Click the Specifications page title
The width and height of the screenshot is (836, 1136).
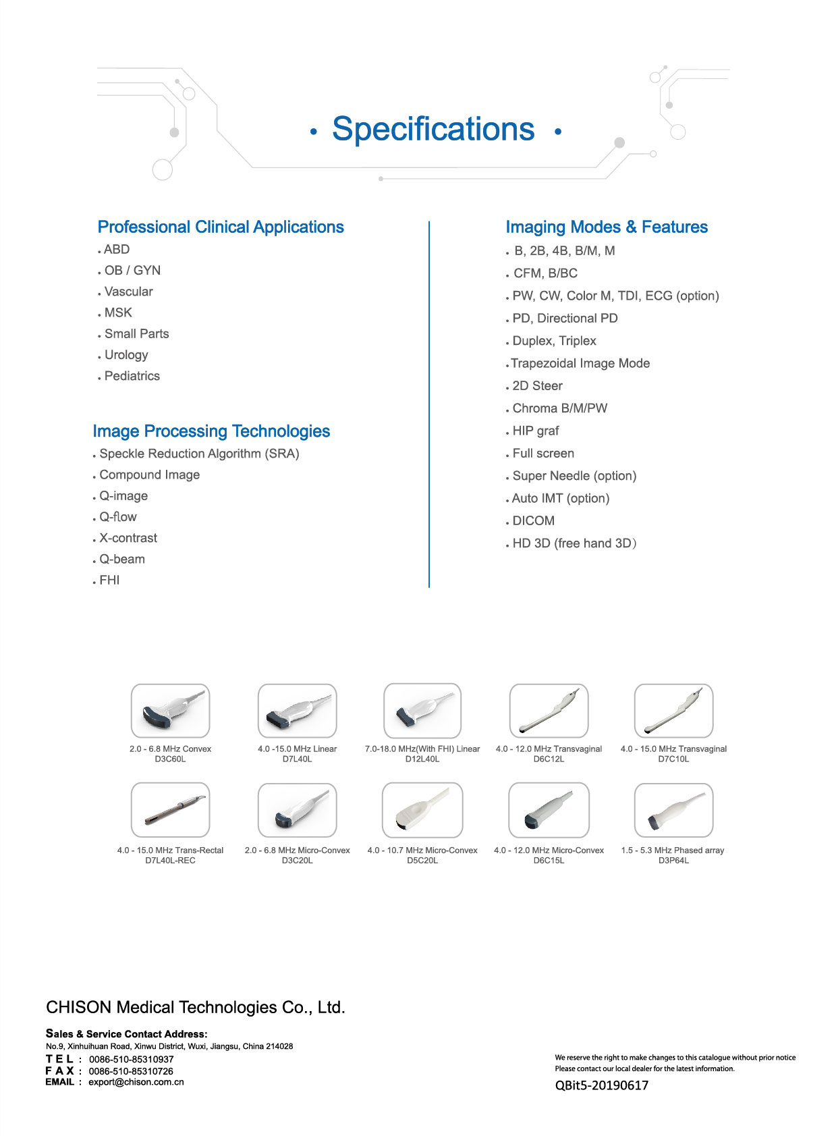[x=433, y=129]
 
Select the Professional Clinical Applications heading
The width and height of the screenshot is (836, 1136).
[x=221, y=227]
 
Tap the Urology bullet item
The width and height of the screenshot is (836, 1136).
[x=126, y=355]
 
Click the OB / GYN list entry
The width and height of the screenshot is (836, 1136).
[x=132, y=271]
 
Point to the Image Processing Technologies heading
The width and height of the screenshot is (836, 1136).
[x=211, y=431]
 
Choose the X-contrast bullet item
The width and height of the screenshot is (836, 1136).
[x=128, y=538]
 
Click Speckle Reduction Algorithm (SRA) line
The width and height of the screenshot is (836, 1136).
[x=199, y=454]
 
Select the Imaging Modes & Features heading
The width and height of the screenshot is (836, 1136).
[x=607, y=227]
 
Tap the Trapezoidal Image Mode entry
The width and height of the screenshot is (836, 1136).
[x=580, y=363]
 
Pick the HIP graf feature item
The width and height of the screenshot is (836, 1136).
[x=536, y=431]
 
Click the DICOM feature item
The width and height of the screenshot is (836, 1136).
[x=533, y=521]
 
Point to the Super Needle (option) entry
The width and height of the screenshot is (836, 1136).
[x=574, y=476]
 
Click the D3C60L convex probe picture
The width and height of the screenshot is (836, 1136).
[x=170, y=711]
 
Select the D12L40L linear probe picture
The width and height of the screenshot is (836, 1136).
[x=422, y=711]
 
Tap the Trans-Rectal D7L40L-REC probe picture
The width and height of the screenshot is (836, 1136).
[x=170, y=810]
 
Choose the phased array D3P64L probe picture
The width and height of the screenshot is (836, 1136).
[x=673, y=810]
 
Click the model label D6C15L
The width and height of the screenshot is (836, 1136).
[x=549, y=861]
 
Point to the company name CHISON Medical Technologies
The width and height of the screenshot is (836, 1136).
[x=196, y=1008]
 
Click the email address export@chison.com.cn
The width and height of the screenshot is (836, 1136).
[x=136, y=1082]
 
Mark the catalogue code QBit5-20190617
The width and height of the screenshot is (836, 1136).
[x=601, y=1085]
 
